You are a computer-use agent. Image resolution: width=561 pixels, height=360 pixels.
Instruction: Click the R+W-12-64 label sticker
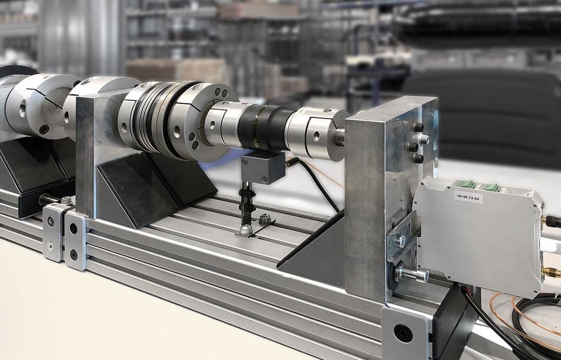click(468, 197)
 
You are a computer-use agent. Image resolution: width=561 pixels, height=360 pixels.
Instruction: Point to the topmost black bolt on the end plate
click(419, 127)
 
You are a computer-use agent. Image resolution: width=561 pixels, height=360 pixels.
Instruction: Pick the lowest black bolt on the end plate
click(418, 158)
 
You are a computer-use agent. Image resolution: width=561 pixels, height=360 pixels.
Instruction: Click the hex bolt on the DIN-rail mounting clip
click(399, 241)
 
